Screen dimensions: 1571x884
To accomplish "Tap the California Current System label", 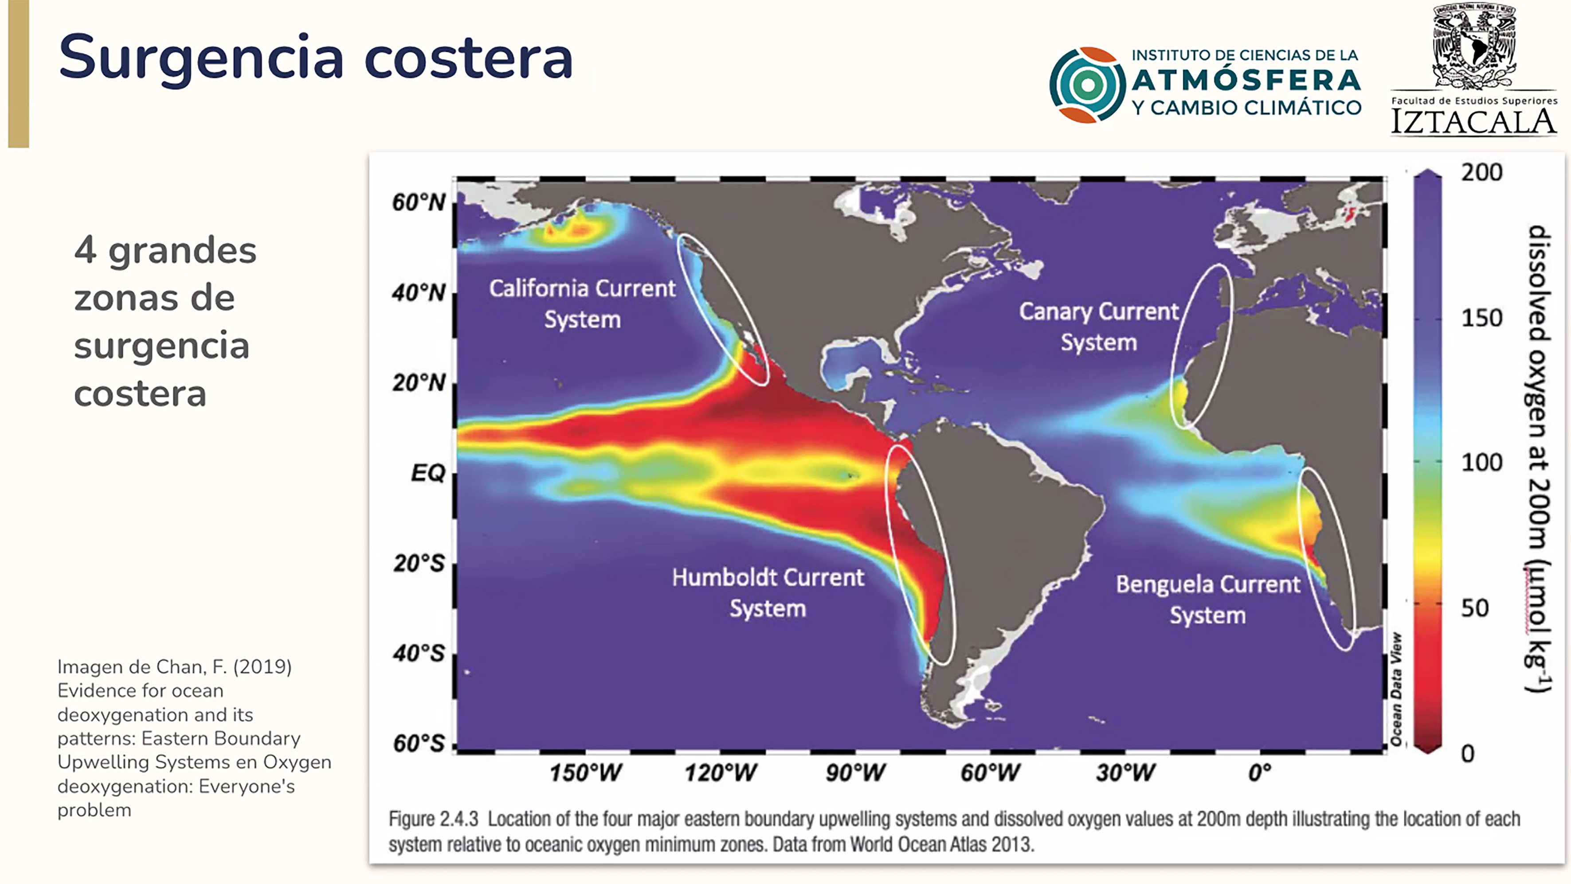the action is point(582,304).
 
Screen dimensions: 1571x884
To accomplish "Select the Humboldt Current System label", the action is point(768,592).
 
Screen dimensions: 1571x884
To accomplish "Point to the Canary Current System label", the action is point(1099,327).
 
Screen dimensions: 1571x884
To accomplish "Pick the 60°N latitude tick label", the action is point(419,203).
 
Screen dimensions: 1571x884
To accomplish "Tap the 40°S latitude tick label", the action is point(419,654).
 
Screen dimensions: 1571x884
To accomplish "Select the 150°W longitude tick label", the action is point(585,773).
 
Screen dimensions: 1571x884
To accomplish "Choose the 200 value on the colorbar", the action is point(1482,172).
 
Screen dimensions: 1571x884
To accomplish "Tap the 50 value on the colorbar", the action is point(1475,608).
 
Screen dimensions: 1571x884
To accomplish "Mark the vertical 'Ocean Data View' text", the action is point(1396,689).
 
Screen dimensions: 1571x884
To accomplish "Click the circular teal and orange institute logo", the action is point(1087,85).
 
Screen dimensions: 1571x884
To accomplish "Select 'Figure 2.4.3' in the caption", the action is point(434,819).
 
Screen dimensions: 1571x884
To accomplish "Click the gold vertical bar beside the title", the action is point(19,74).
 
